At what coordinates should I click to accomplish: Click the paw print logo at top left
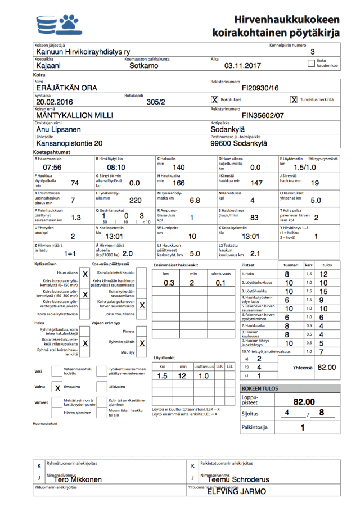(x=69, y=23)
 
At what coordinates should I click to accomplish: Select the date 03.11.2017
(x=244, y=66)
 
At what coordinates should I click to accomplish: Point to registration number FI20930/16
(x=260, y=88)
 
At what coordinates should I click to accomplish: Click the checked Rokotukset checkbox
(x=214, y=99)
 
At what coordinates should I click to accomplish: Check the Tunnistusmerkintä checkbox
(x=294, y=99)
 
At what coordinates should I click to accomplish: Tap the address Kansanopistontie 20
(x=69, y=143)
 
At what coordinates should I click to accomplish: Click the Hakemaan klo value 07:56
(x=52, y=168)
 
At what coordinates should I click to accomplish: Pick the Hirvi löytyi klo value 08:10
(x=116, y=168)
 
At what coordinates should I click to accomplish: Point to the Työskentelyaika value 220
(x=136, y=200)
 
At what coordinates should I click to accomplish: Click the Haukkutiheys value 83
(x=254, y=218)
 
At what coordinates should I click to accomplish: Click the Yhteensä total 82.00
(x=326, y=367)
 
